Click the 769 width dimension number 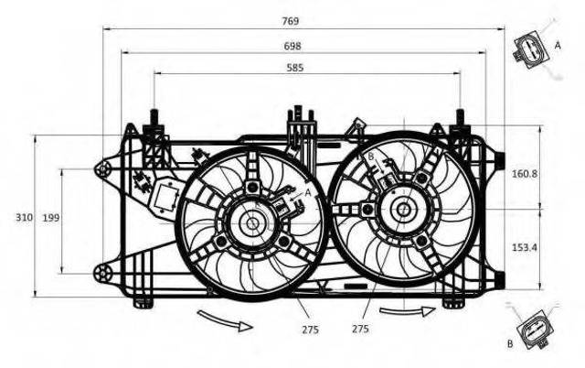click(291, 21)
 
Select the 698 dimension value click(292, 47)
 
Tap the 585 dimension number click(295, 68)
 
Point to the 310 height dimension click(24, 218)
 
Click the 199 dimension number click(51, 218)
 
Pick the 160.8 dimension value click(525, 174)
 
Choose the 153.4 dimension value click(525, 247)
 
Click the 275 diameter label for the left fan click(311, 330)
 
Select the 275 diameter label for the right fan click(360, 329)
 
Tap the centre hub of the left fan click(252, 224)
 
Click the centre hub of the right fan click(403, 210)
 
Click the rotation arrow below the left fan click(225, 321)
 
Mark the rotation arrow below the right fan click(408, 311)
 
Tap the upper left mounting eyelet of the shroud click(101, 170)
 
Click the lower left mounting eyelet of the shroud click(101, 275)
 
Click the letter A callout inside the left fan click(308, 193)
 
